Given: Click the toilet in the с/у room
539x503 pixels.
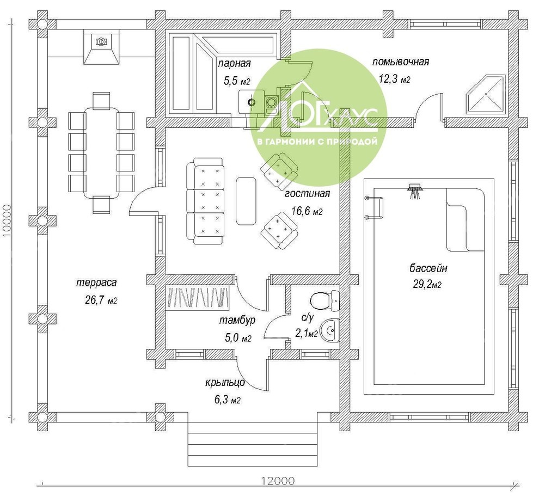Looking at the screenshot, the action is (325, 301).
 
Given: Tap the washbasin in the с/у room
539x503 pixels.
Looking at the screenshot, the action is (329, 330).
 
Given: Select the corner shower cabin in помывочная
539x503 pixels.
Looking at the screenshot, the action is (486, 94).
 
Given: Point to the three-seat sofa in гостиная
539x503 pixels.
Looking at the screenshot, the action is (205, 201).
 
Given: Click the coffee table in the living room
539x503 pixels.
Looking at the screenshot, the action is (246, 201).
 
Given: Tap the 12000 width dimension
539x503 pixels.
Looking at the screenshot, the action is (278, 481).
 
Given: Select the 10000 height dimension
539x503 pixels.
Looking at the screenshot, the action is (7, 220).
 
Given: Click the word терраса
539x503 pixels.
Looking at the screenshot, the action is (96, 283).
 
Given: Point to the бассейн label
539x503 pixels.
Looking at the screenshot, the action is (428, 268).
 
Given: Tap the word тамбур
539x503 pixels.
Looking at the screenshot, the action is (237, 321).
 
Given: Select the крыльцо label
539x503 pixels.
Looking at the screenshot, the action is (225, 383).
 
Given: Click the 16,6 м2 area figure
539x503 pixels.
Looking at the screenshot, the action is (307, 211).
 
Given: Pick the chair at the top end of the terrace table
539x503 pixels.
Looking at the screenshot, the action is (101, 100).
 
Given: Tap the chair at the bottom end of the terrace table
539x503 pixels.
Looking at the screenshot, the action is (101, 205).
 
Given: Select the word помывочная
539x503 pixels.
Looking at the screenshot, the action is (401, 62).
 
